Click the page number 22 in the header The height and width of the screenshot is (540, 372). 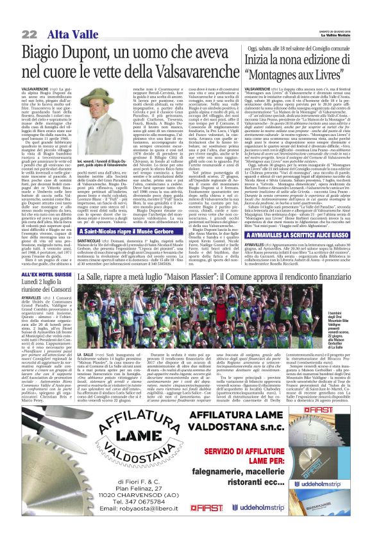29,33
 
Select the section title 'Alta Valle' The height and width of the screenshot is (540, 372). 62,33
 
